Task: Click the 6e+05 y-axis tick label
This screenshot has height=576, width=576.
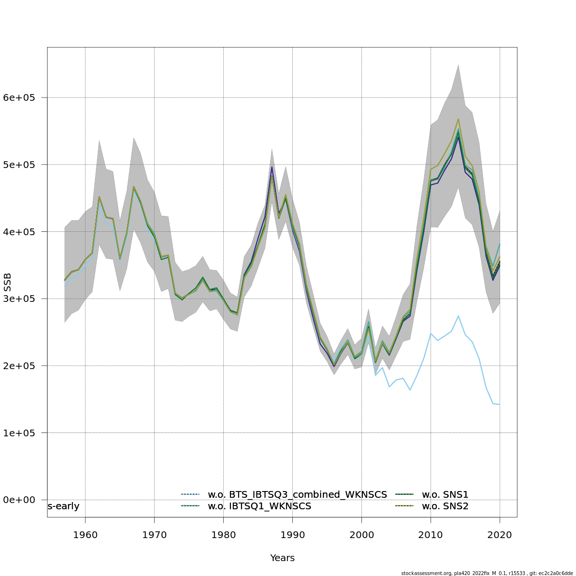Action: pos(19,97)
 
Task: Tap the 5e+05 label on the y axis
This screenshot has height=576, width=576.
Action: pos(19,165)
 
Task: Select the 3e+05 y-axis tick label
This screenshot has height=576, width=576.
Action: pos(19,299)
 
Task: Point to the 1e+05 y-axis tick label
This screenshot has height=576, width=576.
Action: pos(19,433)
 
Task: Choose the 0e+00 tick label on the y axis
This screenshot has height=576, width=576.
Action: pos(19,500)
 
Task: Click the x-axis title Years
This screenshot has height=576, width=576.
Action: pos(282,558)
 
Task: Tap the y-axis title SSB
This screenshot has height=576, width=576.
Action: pos(7,282)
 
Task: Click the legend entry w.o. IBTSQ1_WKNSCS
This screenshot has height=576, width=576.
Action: pos(259,506)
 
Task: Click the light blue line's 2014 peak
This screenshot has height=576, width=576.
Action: pos(458,316)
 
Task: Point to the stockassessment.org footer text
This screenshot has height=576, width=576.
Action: pos(487,573)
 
